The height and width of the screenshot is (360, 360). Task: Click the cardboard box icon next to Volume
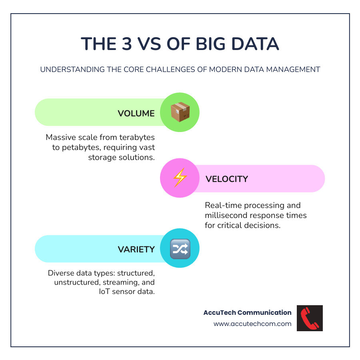point(180,112)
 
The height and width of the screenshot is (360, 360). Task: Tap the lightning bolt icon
point(180,178)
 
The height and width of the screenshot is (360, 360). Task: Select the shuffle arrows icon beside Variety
point(180,249)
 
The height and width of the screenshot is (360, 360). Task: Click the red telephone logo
point(310,318)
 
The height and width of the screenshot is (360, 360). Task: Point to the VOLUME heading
point(136,113)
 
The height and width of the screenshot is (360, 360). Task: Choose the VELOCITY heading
point(227,179)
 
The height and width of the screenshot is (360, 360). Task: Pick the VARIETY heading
point(136,249)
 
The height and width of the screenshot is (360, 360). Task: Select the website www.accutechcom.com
point(252,324)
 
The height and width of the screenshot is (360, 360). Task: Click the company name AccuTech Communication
point(248,312)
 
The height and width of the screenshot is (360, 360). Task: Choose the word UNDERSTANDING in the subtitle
point(68,69)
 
